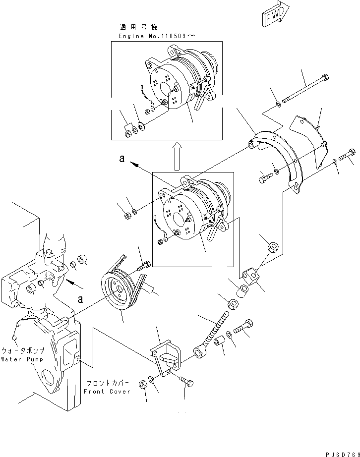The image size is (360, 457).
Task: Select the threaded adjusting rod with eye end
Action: [213, 330]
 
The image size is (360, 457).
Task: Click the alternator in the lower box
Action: [191, 211]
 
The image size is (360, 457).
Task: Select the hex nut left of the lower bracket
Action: [141, 384]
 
